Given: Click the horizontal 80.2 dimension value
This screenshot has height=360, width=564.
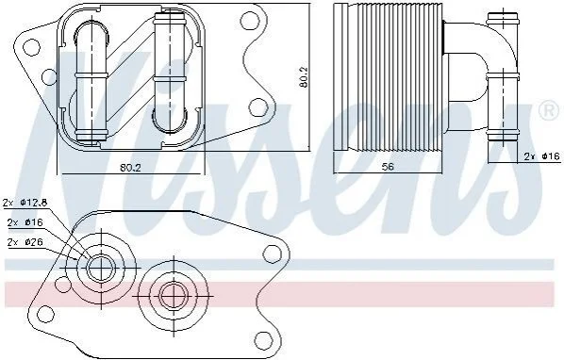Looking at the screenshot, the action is [130, 167].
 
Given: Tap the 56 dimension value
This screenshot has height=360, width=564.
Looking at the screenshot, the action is [389, 167].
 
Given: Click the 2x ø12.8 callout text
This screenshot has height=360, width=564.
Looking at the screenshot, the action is [25, 203].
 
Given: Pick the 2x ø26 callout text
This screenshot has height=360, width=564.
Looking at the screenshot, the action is [25, 242].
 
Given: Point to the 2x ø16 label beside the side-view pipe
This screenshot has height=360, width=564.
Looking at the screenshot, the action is [542, 156].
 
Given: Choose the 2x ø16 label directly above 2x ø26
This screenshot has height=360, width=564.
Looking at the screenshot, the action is [25, 222].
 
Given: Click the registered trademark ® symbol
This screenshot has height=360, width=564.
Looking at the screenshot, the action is [548, 111].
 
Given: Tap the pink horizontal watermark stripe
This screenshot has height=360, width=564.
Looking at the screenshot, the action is [280, 295].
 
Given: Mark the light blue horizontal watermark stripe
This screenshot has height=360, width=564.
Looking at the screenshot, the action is [280, 265].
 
